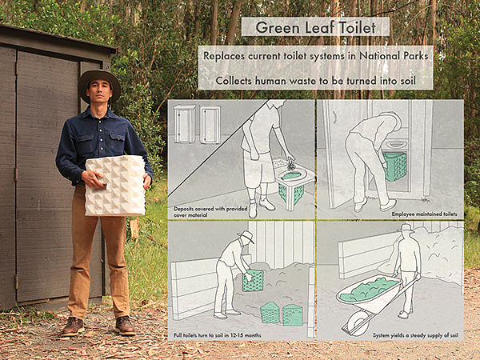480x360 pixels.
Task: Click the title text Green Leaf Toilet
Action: pos(316,27)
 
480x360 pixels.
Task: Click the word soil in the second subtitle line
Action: pos(405,81)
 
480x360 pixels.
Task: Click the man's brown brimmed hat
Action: pos(99,84)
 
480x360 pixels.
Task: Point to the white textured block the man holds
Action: pos(115,186)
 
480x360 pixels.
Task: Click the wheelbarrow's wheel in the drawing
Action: pos(358,323)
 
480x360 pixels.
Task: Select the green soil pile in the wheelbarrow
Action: pos(369,290)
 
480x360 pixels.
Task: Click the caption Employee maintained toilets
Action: pos(424,214)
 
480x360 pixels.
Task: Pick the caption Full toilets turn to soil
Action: pos(218,335)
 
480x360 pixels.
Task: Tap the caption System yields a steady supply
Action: pos(415,335)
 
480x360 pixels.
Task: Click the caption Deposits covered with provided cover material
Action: pos(210,212)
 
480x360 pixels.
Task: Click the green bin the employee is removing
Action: pos(395,166)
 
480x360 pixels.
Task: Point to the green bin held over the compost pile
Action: pos(253,281)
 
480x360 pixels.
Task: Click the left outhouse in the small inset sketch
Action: pos(184,124)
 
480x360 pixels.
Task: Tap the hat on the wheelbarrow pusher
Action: pos(406,228)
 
